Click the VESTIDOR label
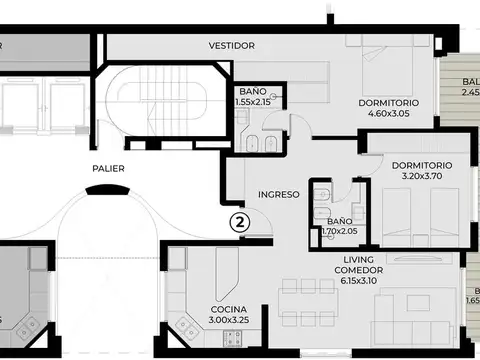232,46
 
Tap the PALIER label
108,169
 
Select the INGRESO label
279,194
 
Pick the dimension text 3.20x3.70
420,176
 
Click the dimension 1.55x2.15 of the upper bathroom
255,102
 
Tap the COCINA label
230,309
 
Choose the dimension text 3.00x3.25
230,320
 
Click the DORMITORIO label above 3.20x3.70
421,165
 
